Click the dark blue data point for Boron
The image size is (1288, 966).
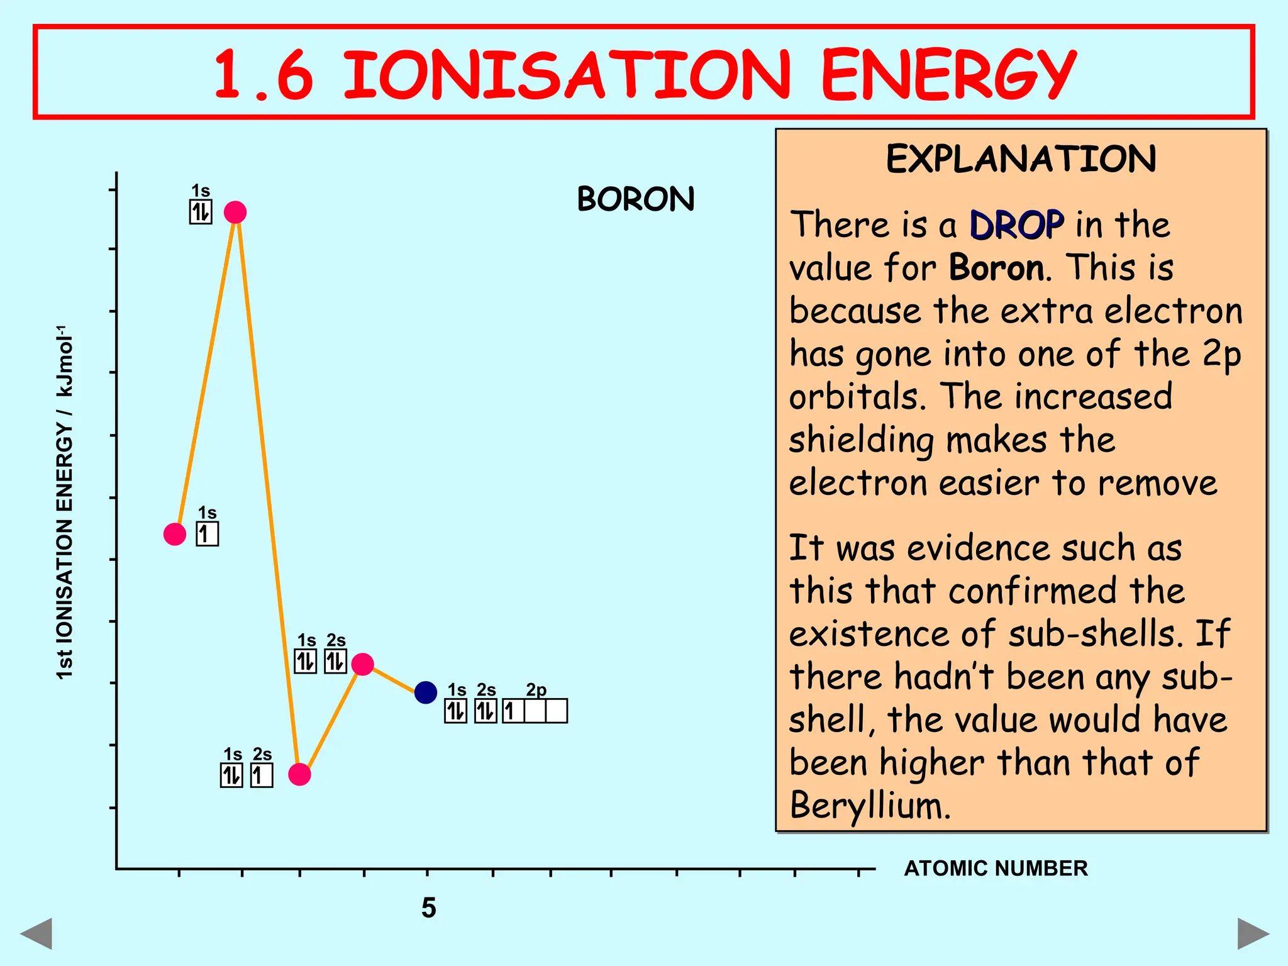[x=426, y=692]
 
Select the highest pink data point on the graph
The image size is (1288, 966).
[x=235, y=213]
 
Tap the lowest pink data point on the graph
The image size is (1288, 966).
[x=299, y=774]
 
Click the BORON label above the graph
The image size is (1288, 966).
[x=636, y=199]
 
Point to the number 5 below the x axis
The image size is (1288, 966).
[x=428, y=908]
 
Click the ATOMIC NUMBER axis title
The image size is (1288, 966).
[x=996, y=869]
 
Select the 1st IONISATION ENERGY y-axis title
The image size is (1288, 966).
[x=65, y=503]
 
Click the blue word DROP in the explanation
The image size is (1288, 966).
[x=1016, y=225]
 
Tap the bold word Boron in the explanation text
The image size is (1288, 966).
[x=997, y=268]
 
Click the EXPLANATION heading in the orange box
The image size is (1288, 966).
[x=1021, y=158]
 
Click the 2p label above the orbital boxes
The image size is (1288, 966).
[x=536, y=690]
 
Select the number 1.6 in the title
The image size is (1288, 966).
[x=264, y=75]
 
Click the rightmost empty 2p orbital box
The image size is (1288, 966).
[x=557, y=711]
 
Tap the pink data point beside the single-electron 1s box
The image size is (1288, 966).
[x=175, y=534]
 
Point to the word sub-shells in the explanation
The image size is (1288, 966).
[x=1091, y=634]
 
